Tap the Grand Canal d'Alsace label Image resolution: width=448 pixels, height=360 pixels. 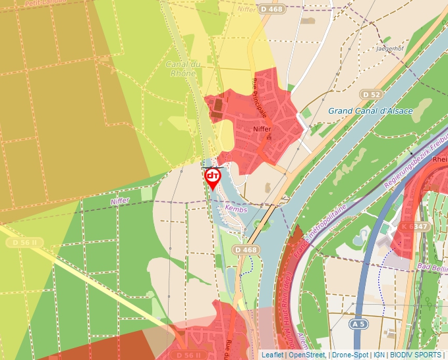click(x=370, y=111)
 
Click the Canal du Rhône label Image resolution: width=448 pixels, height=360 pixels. click(x=182, y=68)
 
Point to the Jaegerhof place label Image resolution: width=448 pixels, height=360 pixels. click(x=389, y=48)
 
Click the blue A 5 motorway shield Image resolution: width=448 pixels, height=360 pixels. click(x=358, y=324)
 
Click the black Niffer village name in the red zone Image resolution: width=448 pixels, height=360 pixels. click(x=262, y=129)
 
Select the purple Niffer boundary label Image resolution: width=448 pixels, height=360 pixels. click(x=120, y=201)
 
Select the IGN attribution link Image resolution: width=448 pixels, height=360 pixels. click(x=379, y=355)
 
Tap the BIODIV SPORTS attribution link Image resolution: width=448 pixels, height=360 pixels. click(x=415, y=355)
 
